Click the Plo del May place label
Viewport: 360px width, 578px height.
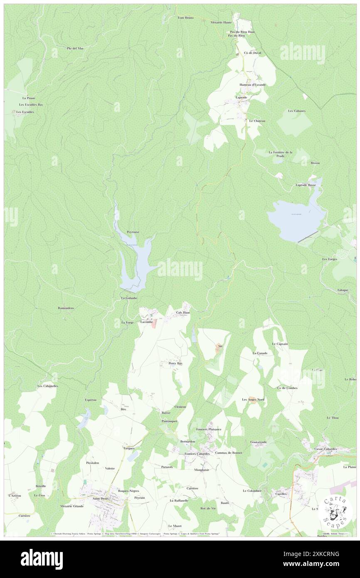coord(75,48)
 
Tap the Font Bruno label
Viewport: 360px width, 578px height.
coord(186,17)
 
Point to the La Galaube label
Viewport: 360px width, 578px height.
coord(129,298)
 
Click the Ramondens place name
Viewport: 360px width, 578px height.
coord(66,308)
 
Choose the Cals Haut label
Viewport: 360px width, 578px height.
coord(183,312)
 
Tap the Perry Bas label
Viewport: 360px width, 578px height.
coord(175,363)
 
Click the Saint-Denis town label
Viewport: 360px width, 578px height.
coord(101,498)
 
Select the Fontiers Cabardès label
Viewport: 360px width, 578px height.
coord(197,454)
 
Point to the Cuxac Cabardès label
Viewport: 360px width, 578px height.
coord(325,449)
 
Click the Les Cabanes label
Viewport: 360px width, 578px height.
coord(296,111)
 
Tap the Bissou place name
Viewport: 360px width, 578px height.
coord(315,163)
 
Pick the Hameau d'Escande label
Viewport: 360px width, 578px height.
coord(252,85)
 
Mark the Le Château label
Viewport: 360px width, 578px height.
coord(257,121)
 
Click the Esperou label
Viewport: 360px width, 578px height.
coord(91,400)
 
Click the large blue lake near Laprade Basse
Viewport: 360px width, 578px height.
coord(296,220)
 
